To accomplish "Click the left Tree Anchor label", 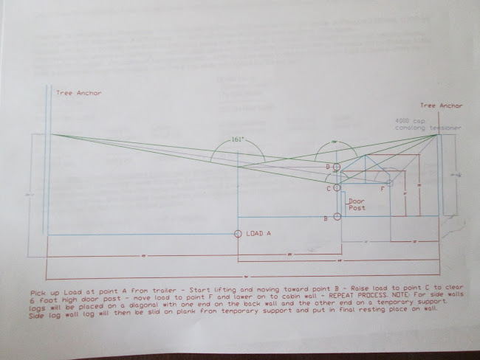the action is point(79,93).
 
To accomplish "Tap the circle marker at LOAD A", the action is point(237,234).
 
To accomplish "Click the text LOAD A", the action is point(258,233).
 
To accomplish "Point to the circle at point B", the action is point(337,217).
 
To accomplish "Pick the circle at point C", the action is point(337,189).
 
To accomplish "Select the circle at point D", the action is point(337,167).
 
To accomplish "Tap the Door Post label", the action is point(357,204).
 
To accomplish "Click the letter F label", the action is point(382,190).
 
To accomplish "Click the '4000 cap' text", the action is point(407,120).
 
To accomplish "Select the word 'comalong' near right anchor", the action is point(410,128).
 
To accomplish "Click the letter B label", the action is point(326,219).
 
